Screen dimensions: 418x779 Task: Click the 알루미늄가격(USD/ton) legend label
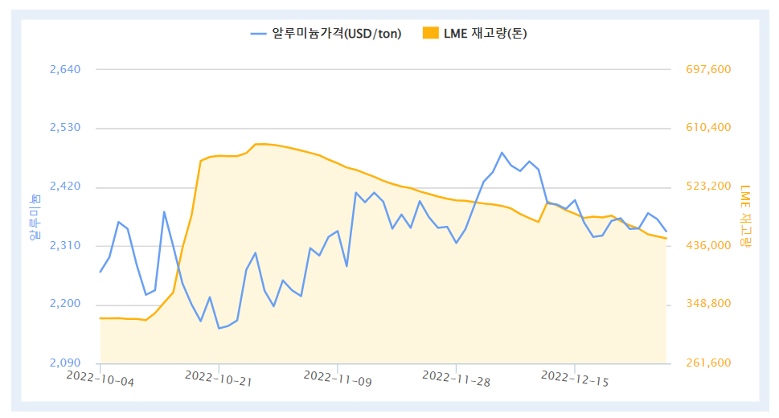[x=337, y=33]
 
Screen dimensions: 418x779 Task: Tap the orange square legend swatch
[x=431, y=33]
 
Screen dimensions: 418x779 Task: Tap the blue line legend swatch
[x=258, y=33]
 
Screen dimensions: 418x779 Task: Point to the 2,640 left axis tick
[x=65, y=69]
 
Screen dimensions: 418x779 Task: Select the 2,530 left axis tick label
[x=65, y=128]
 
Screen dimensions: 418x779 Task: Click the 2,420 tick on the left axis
[x=65, y=186]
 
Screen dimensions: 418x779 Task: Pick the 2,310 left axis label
[x=65, y=245]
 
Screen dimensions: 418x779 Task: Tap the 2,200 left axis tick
[x=65, y=304]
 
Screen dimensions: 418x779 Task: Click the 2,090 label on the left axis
[x=65, y=363]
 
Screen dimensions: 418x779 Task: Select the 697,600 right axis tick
[x=708, y=69]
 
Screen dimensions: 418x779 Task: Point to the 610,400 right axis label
[x=708, y=128]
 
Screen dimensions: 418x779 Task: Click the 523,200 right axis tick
[x=708, y=186]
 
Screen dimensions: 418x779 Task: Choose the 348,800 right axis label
[x=708, y=304]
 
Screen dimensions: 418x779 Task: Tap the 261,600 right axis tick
[x=708, y=363]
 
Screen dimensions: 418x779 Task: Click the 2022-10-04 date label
[x=100, y=379]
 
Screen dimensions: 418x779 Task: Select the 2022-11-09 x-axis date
[x=338, y=379]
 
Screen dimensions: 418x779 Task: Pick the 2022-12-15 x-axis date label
[x=575, y=379]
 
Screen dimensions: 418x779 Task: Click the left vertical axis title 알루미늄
[x=34, y=217]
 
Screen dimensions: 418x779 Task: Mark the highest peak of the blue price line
[x=502, y=153]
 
